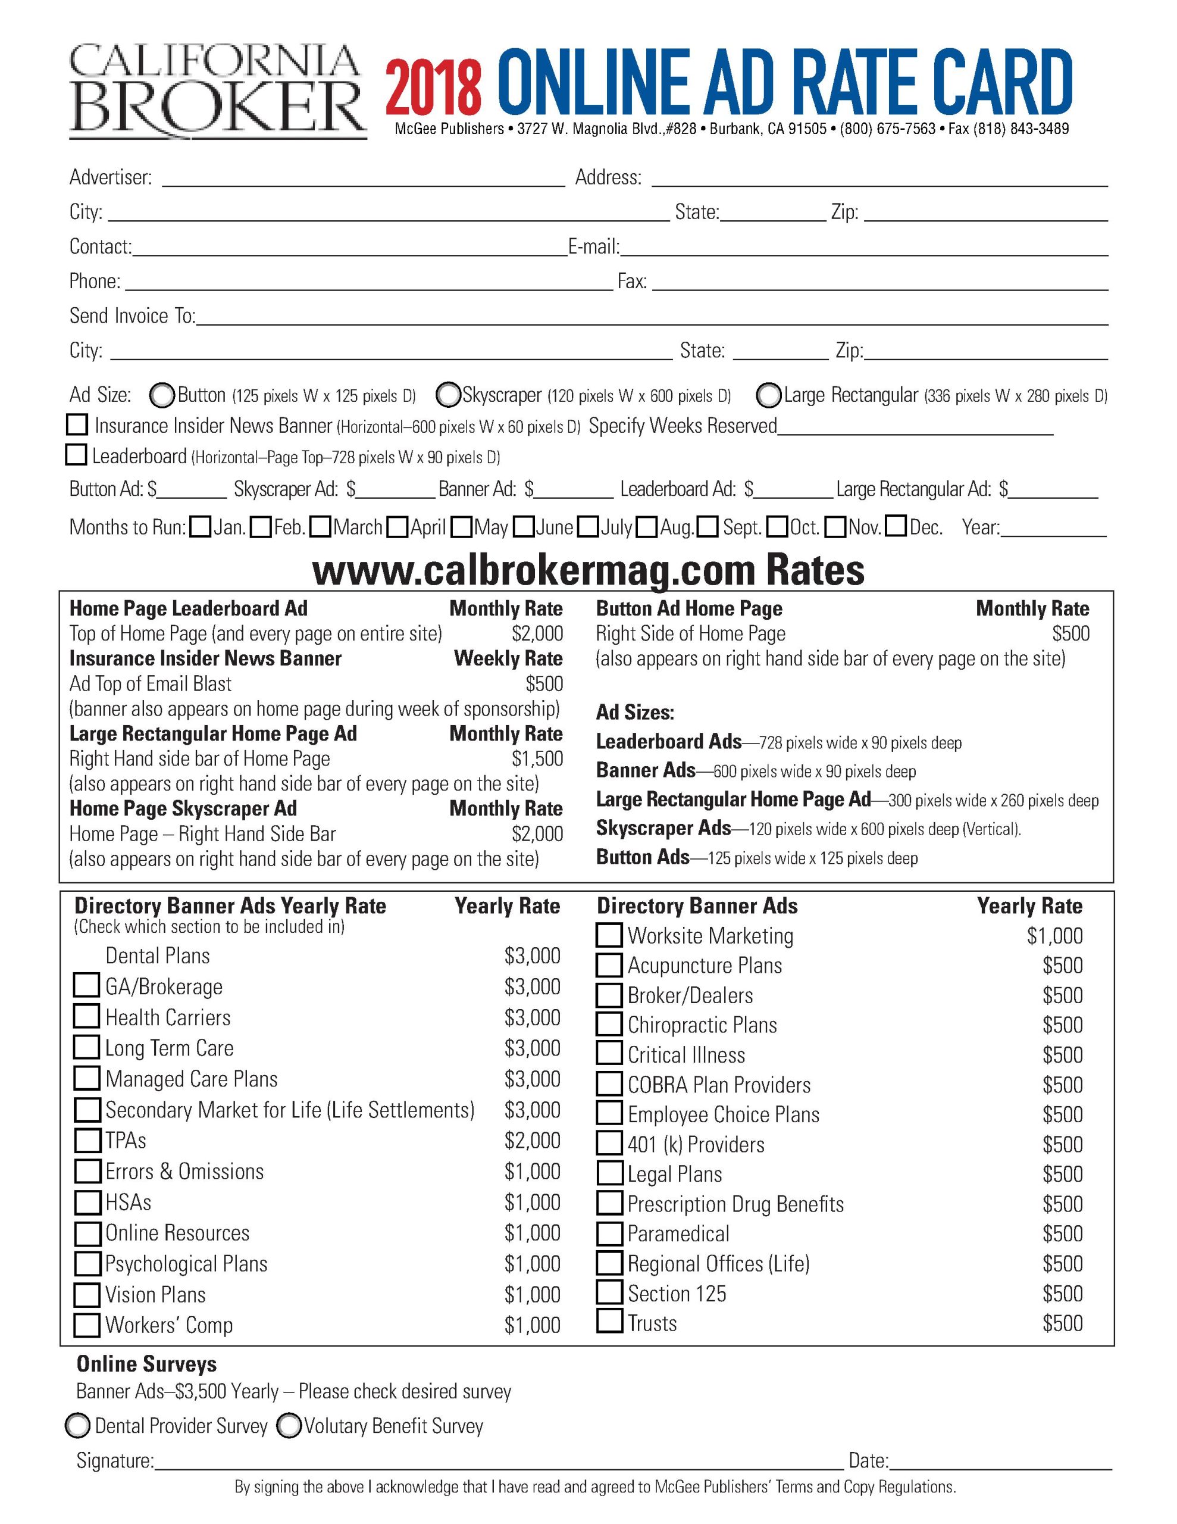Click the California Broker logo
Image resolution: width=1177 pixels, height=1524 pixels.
pyautogui.click(x=217, y=90)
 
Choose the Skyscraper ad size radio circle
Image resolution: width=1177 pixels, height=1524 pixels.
pyautogui.click(x=448, y=395)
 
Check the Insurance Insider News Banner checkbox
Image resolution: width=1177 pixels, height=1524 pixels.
pyautogui.click(x=77, y=424)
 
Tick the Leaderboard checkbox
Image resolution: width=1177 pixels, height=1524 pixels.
pyautogui.click(x=76, y=455)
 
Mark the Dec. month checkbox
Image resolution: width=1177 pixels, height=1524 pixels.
pyautogui.click(x=896, y=526)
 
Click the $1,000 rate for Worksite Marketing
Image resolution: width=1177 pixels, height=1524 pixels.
pyautogui.click(x=1054, y=936)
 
